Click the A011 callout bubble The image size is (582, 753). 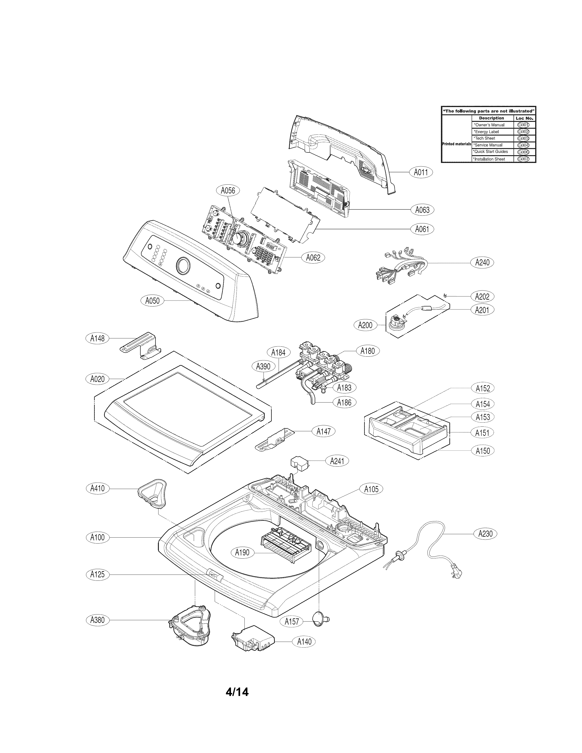[421, 172]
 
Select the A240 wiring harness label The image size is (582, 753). [482, 262]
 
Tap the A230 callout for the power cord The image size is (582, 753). [485, 534]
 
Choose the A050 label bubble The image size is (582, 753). [152, 301]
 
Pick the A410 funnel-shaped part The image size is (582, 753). [152, 493]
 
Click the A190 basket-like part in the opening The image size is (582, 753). [286, 548]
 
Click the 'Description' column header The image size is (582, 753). [491, 118]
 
